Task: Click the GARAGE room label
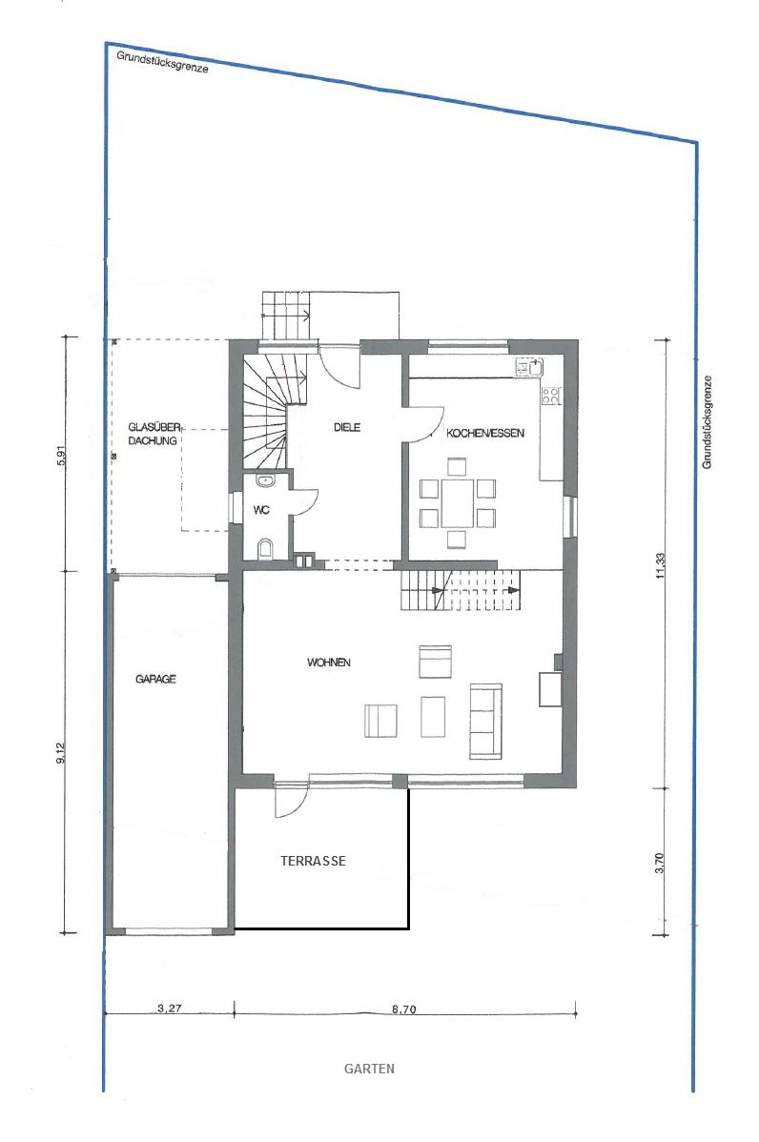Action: (155, 679)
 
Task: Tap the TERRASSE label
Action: (313, 861)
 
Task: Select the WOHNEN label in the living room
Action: (329, 663)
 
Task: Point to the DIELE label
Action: (347, 427)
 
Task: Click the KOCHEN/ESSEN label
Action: (485, 433)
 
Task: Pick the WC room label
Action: (260, 510)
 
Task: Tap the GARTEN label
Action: (369, 1070)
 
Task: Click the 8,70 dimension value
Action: (403, 1009)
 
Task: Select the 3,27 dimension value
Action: (169, 1009)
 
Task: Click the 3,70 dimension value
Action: (660, 863)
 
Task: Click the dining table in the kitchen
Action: (458, 502)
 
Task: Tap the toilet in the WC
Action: (266, 548)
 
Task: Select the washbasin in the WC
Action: (265, 479)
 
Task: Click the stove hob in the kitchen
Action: (551, 396)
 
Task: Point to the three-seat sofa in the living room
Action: (486, 719)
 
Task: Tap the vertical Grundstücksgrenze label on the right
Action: (708, 421)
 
